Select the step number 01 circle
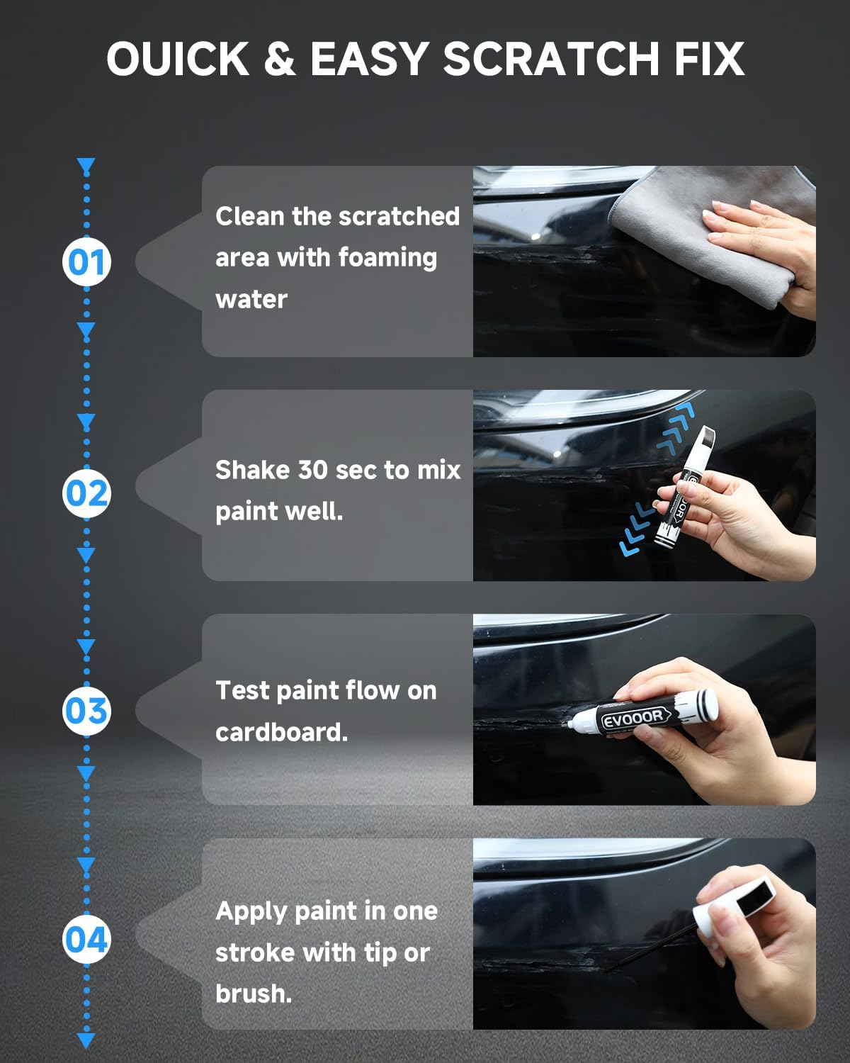pyautogui.click(x=86, y=262)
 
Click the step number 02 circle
pyautogui.click(x=86, y=493)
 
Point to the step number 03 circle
pyautogui.click(x=86, y=711)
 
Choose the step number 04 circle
pyautogui.click(x=86, y=940)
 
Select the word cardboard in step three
pyautogui.click(x=280, y=732)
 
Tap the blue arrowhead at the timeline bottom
pyautogui.click(x=86, y=1040)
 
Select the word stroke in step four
pyautogui.click(x=255, y=952)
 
